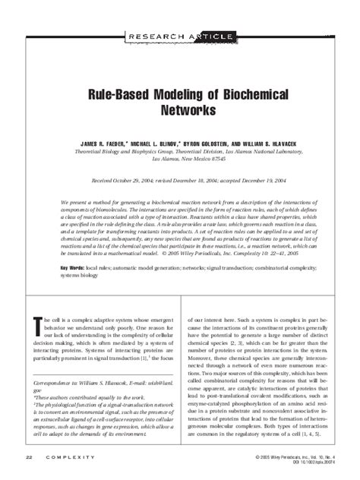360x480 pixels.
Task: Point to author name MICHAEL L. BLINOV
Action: pos(159,143)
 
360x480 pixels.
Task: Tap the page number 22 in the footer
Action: pos(28,457)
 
